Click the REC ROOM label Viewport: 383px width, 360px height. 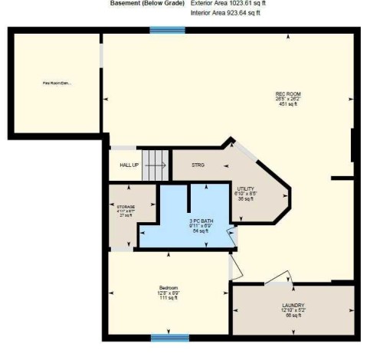coord(287,94)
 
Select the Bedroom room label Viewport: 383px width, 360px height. coord(169,287)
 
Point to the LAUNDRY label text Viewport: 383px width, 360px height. coord(293,306)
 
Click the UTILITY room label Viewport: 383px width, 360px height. coord(245,188)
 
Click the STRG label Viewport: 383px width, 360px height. coord(198,165)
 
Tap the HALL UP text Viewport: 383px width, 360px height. coord(128,165)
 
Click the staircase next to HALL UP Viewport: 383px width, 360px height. coord(156,164)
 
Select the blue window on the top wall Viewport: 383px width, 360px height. coord(167,30)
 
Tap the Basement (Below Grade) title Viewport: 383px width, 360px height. coord(142,3)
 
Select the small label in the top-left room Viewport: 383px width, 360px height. coord(57,83)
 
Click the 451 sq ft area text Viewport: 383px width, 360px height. coord(288,104)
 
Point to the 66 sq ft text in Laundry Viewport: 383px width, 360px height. coord(293,316)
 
